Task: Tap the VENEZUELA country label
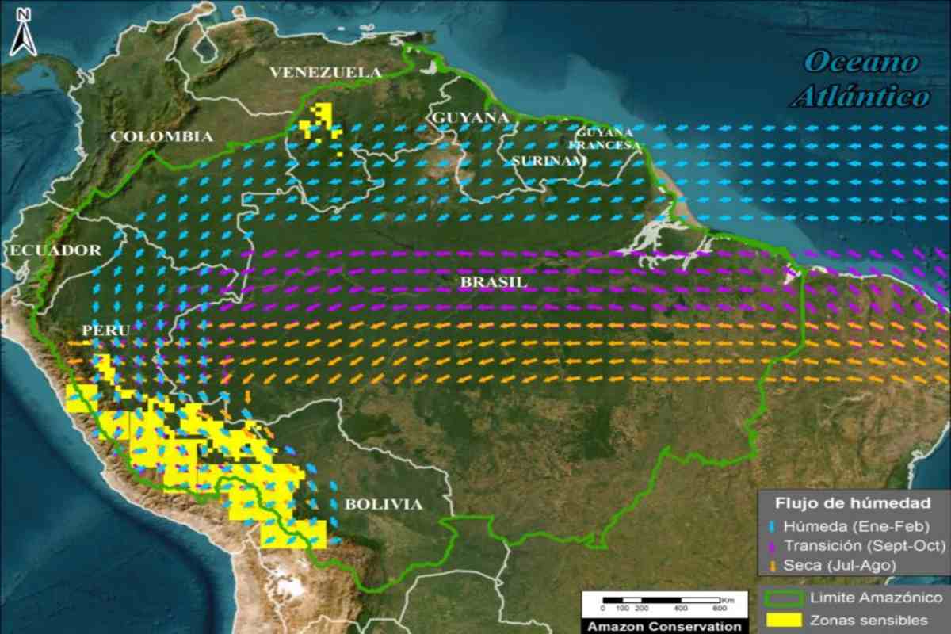point(326,73)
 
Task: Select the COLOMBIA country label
point(162,136)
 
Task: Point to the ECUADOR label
point(55,250)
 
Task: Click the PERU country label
point(105,329)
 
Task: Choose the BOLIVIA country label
point(383,504)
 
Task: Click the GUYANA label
point(469,117)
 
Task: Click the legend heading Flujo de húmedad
point(853,503)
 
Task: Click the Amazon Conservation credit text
point(663,626)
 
